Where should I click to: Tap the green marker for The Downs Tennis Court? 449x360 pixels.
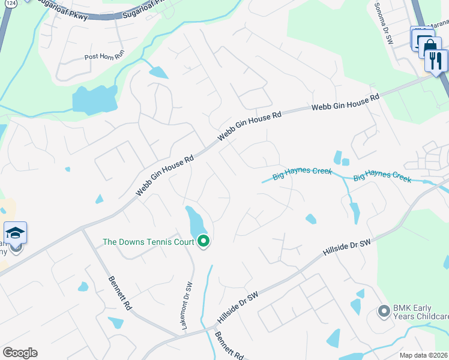click(x=203, y=242)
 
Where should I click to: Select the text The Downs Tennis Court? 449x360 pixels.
click(x=148, y=242)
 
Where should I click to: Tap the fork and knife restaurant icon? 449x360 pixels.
click(x=436, y=60)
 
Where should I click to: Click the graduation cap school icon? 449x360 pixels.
click(x=15, y=233)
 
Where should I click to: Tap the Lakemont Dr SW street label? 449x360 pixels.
click(x=186, y=305)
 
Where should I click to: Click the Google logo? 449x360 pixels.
click(x=20, y=353)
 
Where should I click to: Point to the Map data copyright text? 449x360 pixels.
click(x=424, y=355)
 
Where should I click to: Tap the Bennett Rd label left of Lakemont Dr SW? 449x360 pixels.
click(x=120, y=292)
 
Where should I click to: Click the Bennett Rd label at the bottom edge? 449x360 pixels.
click(x=229, y=346)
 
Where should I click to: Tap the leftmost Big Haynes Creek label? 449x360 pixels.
click(x=302, y=174)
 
